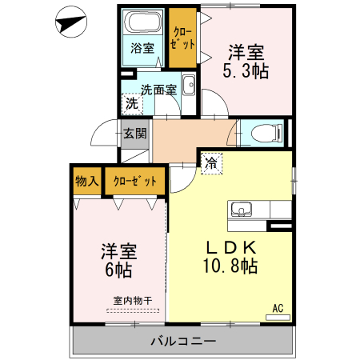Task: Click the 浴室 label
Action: point(143,49)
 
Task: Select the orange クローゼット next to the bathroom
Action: point(182,38)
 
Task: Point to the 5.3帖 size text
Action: point(246,72)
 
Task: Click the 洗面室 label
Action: point(158,90)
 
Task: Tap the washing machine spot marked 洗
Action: point(130,103)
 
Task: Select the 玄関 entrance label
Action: point(134,134)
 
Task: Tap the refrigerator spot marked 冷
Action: point(211,162)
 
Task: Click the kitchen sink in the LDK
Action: point(241,210)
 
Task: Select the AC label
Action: point(278,307)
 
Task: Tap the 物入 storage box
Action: point(86,181)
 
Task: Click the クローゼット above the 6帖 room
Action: point(134,181)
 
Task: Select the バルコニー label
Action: point(183,342)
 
